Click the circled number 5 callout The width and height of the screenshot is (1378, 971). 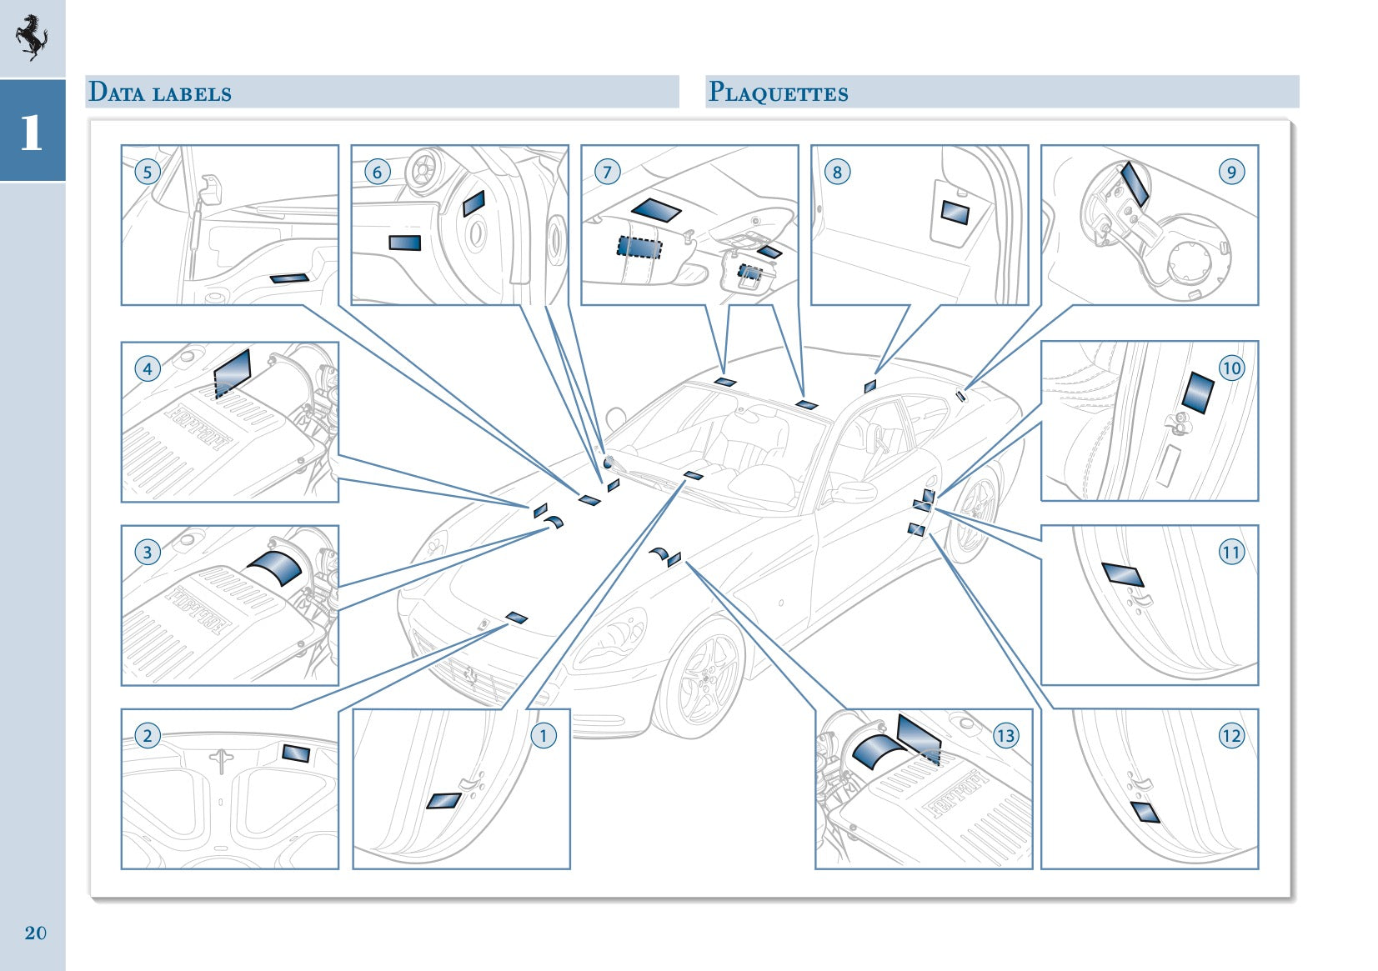tap(148, 173)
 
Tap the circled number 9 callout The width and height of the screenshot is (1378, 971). tap(1230, 173)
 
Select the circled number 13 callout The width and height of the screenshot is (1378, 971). tap(1005, 735)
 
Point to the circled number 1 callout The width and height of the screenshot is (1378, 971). tap(544, 735)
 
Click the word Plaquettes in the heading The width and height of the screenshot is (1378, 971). tap(778, 92)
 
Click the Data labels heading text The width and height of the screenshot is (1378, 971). tap(160, 92)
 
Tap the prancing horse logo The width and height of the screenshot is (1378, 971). tap(32, 38)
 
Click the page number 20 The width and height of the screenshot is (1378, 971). tap(35, 933)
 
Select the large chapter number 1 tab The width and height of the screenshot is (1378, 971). tap(32, 132)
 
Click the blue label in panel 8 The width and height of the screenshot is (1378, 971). tap(955, 213)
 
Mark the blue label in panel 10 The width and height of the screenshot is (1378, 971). tap(1198, 393)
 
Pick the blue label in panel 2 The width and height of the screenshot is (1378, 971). tap(296, 753)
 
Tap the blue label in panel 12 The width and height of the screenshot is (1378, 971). tap(1145, 812)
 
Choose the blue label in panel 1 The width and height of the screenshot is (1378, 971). tap(443, 801)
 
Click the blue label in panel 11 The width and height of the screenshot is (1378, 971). tap(1123, 573)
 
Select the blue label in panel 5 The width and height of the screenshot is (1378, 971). tap(288, 278)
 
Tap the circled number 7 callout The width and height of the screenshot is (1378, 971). tap(607, 173)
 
